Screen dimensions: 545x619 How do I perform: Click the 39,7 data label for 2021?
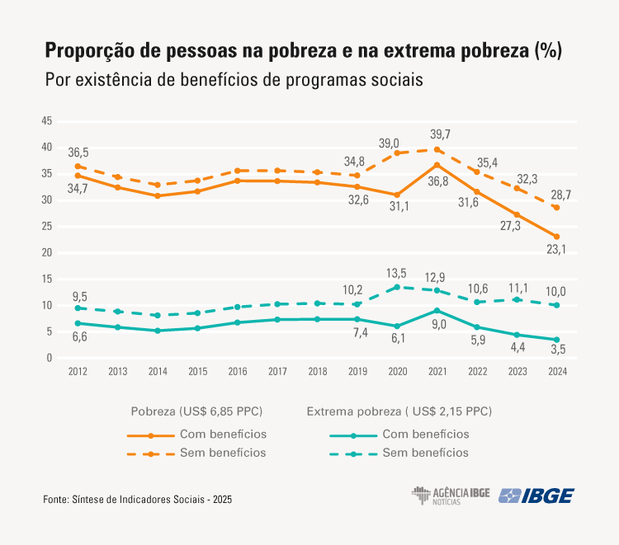pyautogui.click(x=440, y=134)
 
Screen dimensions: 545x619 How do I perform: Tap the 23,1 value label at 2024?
pyautogui.click(x=556, y=249)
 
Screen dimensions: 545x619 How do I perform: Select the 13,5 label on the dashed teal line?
pyautogui.click(x=397, y=274)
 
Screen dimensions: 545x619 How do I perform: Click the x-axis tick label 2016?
pyautogui.click(x=238, y=372)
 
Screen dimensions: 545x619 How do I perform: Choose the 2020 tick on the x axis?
pyautogui.click(x=397, y=372)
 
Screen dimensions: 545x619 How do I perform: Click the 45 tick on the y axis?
pyautogui.click(x=47, y=121)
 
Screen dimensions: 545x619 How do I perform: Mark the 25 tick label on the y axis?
pyautogui.click(x=47, y=227)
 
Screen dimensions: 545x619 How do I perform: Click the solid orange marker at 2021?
pyautogui.click(x=437, y=165)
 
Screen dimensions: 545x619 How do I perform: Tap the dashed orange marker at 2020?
pyautogui.click(x=397, y=153)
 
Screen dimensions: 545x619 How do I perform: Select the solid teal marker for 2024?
pyautogui.click(x=556, y=340)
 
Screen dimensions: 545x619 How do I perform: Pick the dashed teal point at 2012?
pyautogui.click(x=78, y=308)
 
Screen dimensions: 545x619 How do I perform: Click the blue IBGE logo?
pyautogui.click(x=537, y=496)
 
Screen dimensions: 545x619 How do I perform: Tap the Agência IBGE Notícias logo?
pyautogui.click(x=451, y=496)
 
